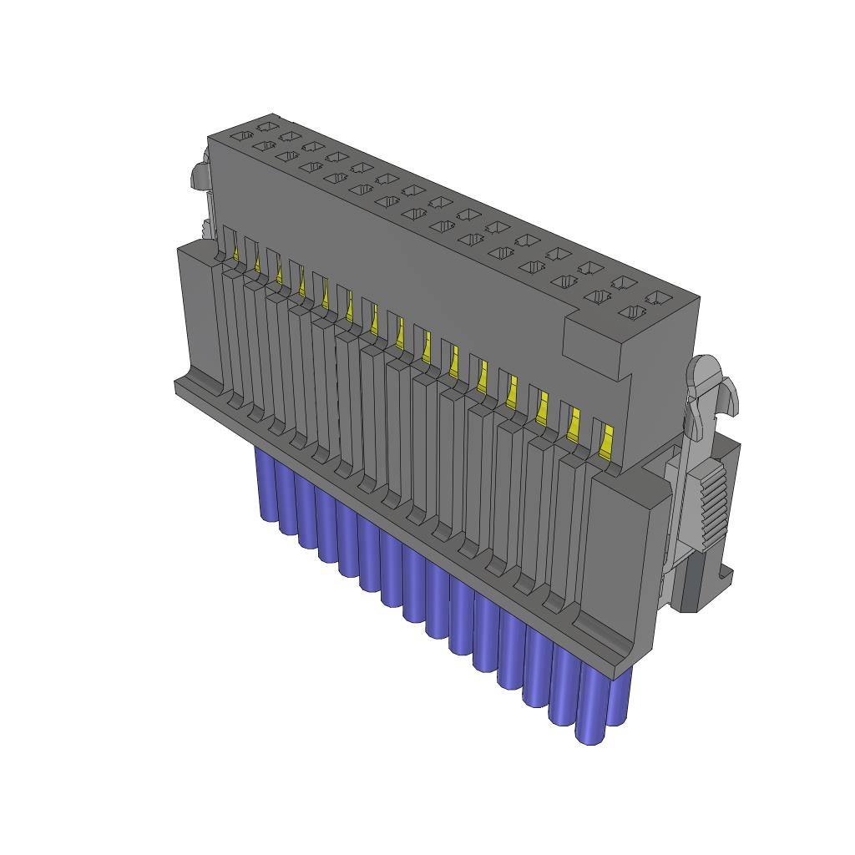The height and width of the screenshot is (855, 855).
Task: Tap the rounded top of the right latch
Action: click(706, 368)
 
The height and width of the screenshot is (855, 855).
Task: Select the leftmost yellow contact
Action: click(236, 249)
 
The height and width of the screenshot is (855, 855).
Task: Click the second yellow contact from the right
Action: click(574, 424)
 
